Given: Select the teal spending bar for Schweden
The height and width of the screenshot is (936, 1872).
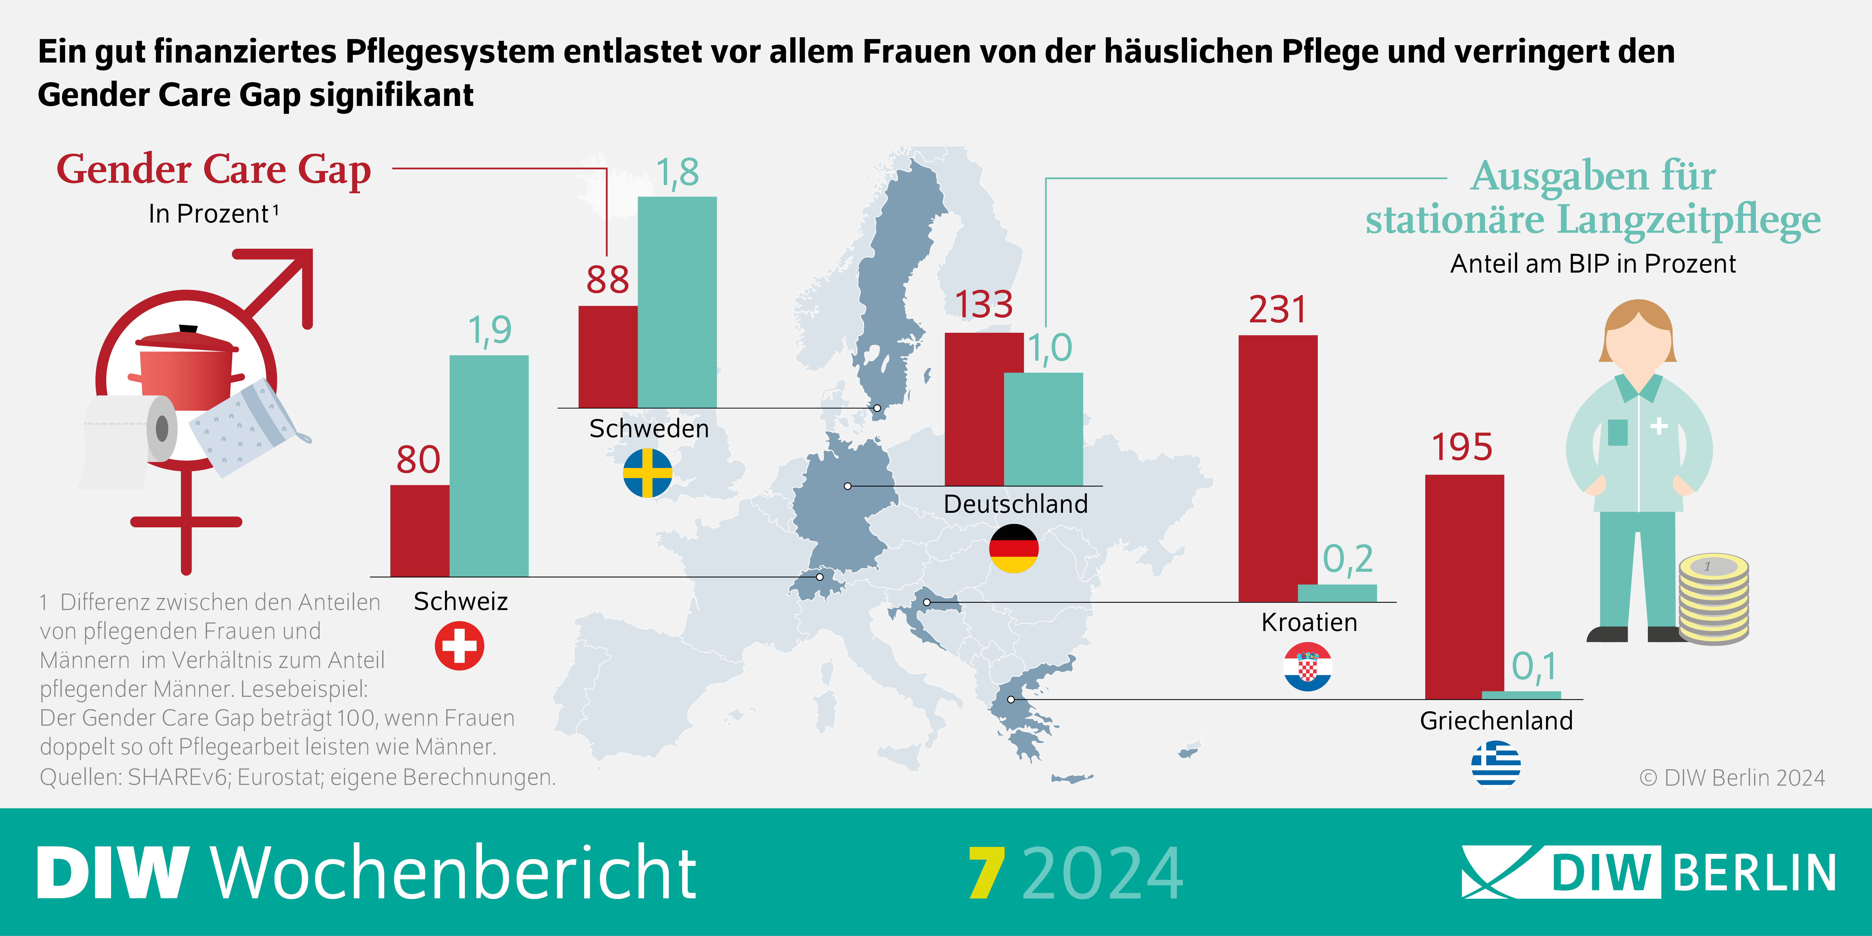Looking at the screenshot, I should [x=677, y=302].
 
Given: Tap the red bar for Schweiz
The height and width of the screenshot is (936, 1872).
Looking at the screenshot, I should [x=419, y=530].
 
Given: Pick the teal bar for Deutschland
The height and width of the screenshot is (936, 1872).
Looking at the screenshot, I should [x=1044, y=429].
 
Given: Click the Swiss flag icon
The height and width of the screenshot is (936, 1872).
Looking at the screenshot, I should [x=459, y=645].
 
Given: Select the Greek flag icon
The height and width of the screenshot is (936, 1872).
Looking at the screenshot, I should [x=1495, y=763].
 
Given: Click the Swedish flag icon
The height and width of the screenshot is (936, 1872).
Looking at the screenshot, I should [x=647, y=473].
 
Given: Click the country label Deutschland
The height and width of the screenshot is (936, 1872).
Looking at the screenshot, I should [x=1015, y=504].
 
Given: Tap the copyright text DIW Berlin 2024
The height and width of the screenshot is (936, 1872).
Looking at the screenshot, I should [x=1732, y=777].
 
